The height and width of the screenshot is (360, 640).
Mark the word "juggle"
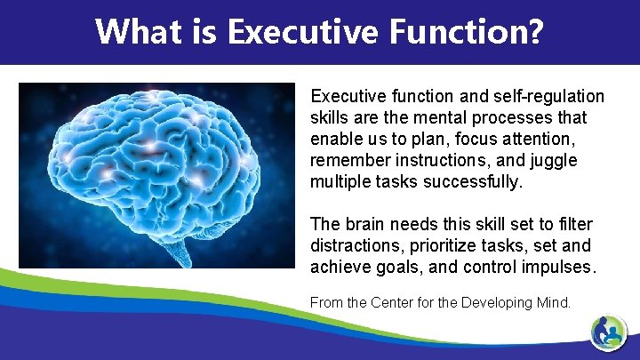click(554, 161)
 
